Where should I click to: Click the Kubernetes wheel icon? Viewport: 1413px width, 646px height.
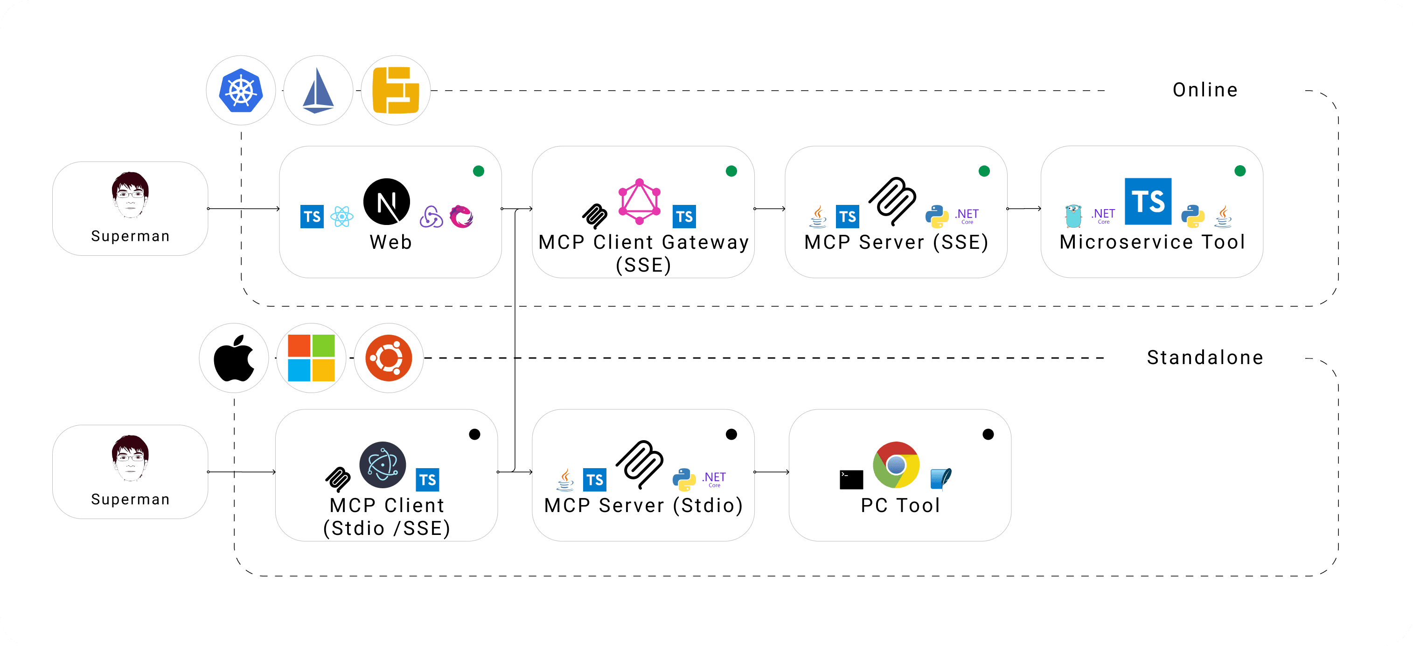point(241,91)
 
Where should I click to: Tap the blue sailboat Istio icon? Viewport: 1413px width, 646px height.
point(318,91)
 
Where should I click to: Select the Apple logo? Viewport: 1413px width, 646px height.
point(234,358)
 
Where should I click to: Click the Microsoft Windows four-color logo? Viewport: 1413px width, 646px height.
point(311,358)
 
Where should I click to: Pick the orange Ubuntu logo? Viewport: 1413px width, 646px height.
point(389,358)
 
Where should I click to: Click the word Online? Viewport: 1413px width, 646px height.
point(1204,90)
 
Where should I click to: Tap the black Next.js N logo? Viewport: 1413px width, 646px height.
point(387,202)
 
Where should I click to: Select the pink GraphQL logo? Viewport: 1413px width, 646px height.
point(639,202)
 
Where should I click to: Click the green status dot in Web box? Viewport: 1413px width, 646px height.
point(478,171)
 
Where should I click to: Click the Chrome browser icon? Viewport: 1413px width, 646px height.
point(896,465)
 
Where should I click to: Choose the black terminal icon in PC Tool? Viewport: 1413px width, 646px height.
point(851,479)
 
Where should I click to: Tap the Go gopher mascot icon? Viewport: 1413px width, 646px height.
point(1073,216)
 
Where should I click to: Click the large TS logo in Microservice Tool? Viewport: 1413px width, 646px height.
point(1148,202)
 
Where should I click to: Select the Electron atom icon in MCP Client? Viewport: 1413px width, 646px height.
point(383,465)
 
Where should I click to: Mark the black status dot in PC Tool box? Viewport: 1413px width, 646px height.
point(988,435)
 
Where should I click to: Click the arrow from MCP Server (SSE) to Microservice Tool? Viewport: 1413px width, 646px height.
point(1023,209)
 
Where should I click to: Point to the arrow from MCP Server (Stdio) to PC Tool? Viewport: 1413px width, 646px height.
point(771,472)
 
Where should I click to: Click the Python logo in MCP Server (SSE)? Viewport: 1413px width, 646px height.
point(937,216)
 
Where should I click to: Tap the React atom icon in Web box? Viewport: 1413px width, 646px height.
point(342,216)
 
